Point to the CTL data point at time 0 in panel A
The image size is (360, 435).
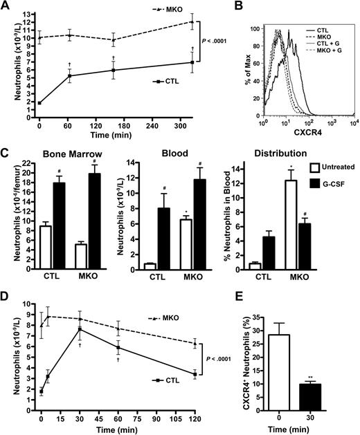(39, 103)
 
